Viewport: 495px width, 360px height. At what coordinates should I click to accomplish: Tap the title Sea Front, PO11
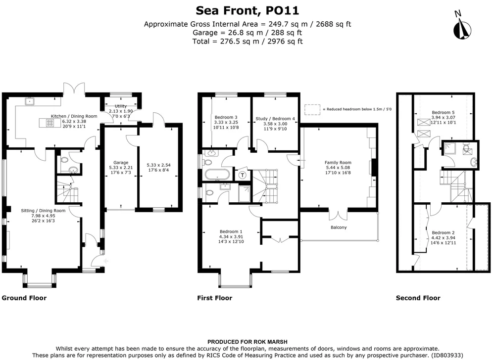click(247, 10)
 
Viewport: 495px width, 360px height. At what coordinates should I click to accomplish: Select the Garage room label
click(118, 162)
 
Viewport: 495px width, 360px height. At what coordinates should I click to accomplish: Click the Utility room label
click(120, 106)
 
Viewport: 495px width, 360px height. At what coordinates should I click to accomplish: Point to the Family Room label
click(338, 162)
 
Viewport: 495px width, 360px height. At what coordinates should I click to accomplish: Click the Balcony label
click(339, 227)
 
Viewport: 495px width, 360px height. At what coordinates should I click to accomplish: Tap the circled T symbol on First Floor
click(243, 175)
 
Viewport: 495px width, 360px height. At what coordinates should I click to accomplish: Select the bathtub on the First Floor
click(216, 174)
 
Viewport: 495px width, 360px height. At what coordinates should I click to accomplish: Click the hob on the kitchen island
click(50, 124)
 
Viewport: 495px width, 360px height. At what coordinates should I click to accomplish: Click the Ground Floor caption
click(24, 298)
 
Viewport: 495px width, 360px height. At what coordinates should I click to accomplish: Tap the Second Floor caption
click(418, 298)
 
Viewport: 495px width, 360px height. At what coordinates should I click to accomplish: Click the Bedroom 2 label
click(442, 232)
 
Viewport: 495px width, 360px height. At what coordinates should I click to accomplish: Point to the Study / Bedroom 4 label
click(275, 119)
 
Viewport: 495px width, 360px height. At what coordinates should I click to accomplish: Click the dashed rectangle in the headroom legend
click(312, 109)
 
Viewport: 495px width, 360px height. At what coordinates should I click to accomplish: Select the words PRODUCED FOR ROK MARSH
click(247, 342)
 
